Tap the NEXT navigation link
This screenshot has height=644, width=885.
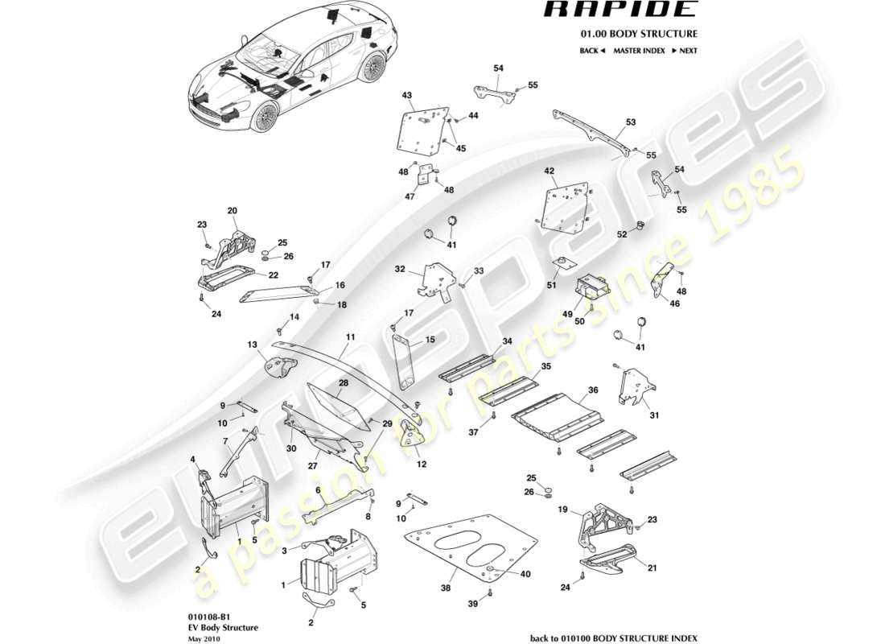point(684,51)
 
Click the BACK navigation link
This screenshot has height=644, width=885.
point(592,51)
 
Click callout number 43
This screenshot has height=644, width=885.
point(407,96)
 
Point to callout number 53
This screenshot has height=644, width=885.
point(631,123)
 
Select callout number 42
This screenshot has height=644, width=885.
point(550,171)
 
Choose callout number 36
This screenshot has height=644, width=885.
point(593,390)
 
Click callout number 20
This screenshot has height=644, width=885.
point(233,211)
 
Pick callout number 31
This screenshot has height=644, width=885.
point(653,415)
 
